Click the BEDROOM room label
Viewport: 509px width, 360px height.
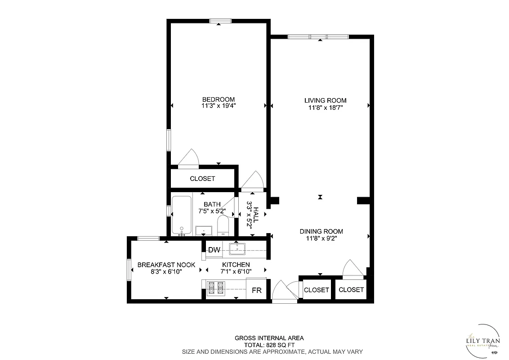218,99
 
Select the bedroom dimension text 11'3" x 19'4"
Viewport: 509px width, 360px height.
219,106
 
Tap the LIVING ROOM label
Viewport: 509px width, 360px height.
326,100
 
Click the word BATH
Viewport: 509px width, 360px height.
212,204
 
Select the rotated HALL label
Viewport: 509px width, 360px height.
256,215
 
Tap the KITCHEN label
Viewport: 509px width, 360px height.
236,265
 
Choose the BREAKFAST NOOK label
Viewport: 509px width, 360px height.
166,265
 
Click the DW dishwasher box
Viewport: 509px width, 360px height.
214,250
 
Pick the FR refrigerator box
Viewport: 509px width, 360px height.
256,290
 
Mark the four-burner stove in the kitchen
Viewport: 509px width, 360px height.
215,288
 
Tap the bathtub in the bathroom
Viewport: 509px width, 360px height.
182,215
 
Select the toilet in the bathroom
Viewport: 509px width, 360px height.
223,225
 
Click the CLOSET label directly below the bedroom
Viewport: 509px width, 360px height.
202,179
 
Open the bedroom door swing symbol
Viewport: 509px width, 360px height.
189,159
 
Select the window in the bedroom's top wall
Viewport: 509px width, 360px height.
220,21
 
